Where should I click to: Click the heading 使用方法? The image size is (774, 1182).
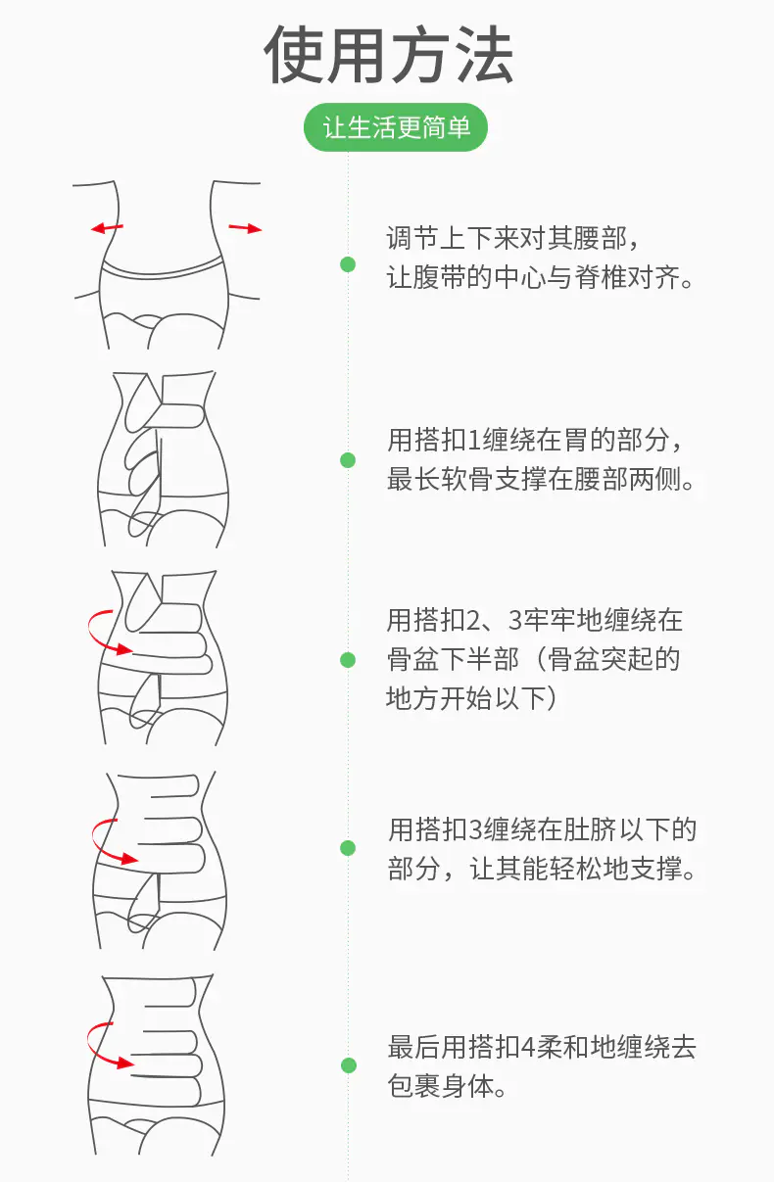pyautogui.click(x=389, y=55)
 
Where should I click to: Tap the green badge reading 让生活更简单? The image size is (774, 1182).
pyautogui.click(x=396, y=128)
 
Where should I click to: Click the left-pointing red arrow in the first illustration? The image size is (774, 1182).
pyautogui.click(x=107, y=228)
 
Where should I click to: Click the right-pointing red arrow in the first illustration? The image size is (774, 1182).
pyautogui.click(x=246, y=228)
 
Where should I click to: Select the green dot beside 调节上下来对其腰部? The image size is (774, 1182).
pyautogui.click(x=348, y=264)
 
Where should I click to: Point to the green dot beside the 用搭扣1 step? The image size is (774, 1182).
pyautogui.click(x=348, y=460)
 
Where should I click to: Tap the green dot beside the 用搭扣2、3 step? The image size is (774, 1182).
pyautogui.click(x=348, y=660)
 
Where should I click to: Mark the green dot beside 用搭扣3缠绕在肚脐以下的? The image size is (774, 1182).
pyautogui.click(x=348, y=848)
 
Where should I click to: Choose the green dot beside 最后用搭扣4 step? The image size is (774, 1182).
pyautogui.click(x=348, y=1065)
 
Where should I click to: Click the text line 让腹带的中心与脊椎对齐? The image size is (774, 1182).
pyautogui.click(x=541, y=279)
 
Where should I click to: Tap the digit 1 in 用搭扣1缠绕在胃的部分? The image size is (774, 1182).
pyautogui.click(x=476, y=440)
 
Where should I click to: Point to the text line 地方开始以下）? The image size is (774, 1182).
pyautogui.click(x=478, y=698)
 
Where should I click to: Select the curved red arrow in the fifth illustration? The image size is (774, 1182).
pyautogui.click(x=106, y=1045)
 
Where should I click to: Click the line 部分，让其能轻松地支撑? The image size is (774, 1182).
pyautogui.click(x=541, y=870)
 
